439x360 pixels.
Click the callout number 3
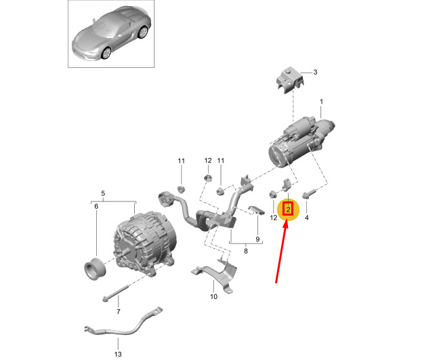(315, 73)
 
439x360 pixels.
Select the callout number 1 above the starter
(321, 102)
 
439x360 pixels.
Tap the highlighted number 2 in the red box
(288, 209)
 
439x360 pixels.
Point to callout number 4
(307, 218)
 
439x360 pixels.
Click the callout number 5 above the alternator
(103, 193)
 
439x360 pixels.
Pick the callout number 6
(96, 207)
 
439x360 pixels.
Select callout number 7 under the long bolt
(118, 312)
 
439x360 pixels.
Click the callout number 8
(245, 251)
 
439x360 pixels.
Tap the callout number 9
(257, 239)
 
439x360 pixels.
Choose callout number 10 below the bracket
(213, 296)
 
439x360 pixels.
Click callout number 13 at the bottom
(118, 354)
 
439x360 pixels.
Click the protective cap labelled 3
(289, 79)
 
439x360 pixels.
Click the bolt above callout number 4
(309, 194)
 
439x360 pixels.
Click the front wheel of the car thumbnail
(106, 53)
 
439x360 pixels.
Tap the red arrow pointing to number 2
(281, 252)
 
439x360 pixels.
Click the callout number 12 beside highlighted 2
(274, 218)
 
